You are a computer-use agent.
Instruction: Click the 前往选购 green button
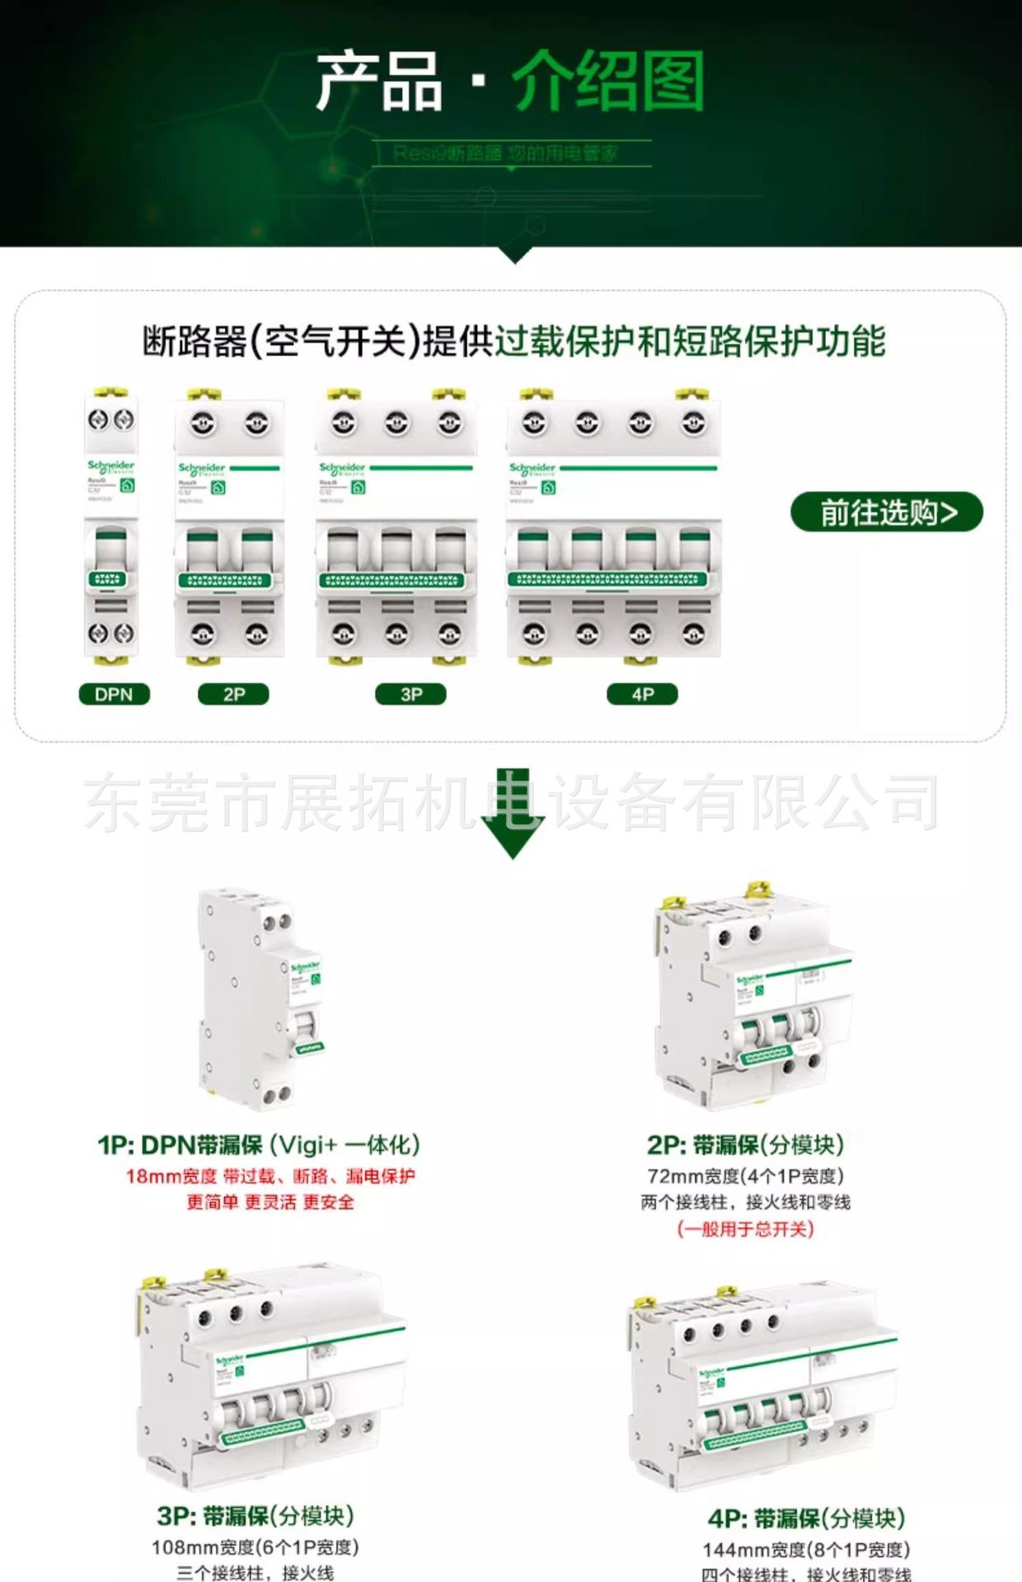point(886,513)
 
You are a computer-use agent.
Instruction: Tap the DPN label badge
point(114,694)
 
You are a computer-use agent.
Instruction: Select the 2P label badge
point(233,694)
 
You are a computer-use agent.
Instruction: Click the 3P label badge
point(410,694)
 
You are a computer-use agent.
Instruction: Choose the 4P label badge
point(642,694)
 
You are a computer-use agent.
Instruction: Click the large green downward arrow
point(513,816)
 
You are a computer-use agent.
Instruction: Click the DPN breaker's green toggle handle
point(110,545)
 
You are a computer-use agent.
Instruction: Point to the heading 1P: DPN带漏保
point(258,1144)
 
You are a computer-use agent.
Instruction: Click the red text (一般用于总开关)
point(745,1229)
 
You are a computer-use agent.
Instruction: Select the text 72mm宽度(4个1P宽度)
point(745,1176)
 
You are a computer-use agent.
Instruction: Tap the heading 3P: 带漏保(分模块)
point(255,1516)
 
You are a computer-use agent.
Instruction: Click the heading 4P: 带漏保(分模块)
point(806,1519)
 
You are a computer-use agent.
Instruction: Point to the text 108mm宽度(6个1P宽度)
point(255,1547)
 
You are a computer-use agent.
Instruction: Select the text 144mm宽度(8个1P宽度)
point(806,1550)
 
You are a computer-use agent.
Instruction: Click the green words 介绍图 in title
point(608,81)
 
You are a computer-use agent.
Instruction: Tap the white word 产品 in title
point(379,81)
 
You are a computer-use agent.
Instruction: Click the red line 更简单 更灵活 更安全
point(270,1202)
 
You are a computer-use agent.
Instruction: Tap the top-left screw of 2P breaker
point(204,424)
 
